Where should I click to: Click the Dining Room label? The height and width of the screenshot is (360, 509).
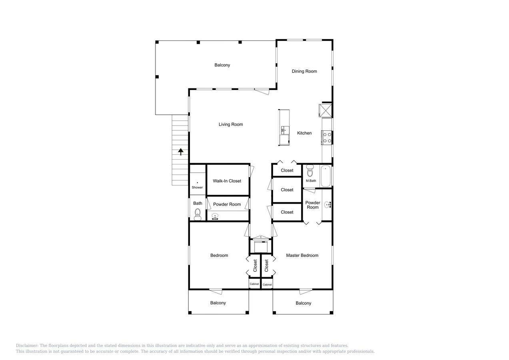point(304,71)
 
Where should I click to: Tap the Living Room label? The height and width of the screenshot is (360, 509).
point(231,124)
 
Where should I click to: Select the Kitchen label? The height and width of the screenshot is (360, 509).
point(304,133)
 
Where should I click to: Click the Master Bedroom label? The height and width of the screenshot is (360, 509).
point(302,256)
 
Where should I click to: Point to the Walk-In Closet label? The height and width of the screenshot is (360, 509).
point(227,181)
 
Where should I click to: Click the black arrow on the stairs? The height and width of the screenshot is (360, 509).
point(181,152)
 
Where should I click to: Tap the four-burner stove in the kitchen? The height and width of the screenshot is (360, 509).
point(327,138)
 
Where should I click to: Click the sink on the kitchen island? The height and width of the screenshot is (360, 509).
point(283,130)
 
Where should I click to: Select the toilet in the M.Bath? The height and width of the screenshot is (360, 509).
point(310,171)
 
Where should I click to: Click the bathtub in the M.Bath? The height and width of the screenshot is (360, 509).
point(325,176)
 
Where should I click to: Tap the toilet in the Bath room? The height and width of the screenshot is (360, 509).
point(198,215)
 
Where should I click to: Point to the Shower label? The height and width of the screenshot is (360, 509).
point(197,188)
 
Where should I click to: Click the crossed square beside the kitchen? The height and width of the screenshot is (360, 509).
point(325,111)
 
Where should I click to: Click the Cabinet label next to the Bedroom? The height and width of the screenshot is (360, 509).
point(254,284)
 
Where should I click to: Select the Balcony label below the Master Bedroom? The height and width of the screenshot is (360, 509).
point(303,303)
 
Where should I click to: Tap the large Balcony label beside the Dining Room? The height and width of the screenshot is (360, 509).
point(222,65)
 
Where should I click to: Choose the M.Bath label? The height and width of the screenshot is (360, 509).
point(311,181)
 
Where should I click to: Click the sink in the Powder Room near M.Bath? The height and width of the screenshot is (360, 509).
point(327,205)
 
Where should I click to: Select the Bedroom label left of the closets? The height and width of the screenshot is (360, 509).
point(219,256)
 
